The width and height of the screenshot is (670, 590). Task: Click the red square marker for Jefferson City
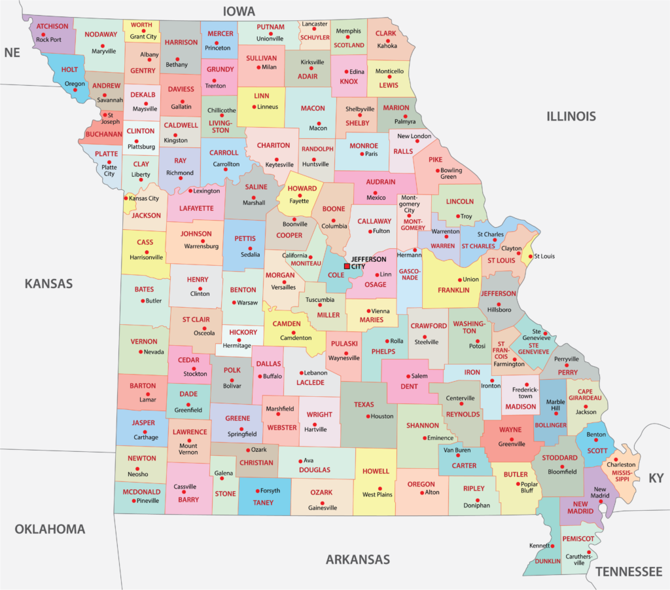347,267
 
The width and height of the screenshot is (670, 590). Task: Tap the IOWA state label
239,11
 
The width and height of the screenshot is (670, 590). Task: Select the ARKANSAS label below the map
357,559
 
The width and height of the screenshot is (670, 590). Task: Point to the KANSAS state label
48,284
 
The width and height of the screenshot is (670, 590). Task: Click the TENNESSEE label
629,572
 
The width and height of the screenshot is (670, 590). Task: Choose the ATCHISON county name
52,27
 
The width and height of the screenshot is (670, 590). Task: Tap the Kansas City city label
144,198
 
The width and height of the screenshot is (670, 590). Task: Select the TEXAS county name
364,405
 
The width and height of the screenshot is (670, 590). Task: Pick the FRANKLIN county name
453,290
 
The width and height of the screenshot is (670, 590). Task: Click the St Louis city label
544,256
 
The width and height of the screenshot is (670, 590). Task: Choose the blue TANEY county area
264,496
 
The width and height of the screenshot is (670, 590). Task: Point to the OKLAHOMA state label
50,528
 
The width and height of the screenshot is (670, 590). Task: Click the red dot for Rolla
387,341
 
